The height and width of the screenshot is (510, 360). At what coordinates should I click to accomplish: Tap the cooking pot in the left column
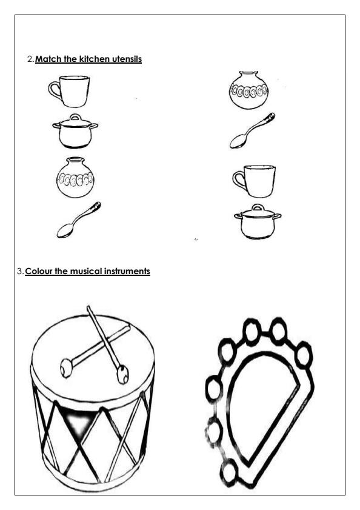click(75, 132)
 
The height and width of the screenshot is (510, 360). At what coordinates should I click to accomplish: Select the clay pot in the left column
click(75, 178)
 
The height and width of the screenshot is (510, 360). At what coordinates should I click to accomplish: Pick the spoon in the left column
click(78, 220)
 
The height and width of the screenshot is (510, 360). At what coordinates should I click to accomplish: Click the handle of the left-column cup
click(54, 92)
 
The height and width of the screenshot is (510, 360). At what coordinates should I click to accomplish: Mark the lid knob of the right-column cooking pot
click(257, 206)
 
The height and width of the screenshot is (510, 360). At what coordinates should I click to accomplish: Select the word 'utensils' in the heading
click(125, 59)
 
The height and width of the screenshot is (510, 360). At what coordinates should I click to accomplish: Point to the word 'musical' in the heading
click(78, 271)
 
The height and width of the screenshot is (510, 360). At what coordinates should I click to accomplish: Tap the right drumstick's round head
click(122, 374)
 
